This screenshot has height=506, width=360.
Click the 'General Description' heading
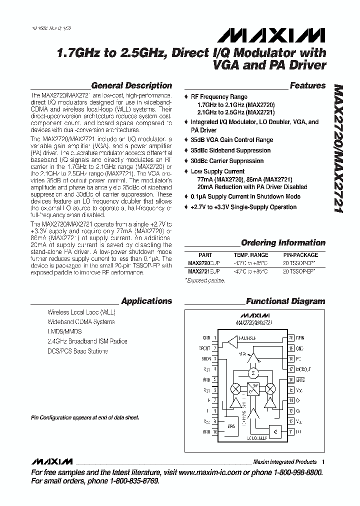coord(131,85)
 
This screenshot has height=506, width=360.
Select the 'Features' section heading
coord(307,85)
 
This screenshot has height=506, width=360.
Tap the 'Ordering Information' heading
coord(283,243)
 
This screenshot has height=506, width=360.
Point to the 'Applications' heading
coord(146,301)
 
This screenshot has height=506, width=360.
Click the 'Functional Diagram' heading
coord(285,301)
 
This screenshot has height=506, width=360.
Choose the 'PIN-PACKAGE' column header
coord(300,254)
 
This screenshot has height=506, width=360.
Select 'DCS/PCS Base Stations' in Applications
coord(77,351)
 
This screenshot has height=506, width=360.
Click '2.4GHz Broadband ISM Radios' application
coord(87,341)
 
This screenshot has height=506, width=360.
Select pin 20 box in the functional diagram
coord(291,338)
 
